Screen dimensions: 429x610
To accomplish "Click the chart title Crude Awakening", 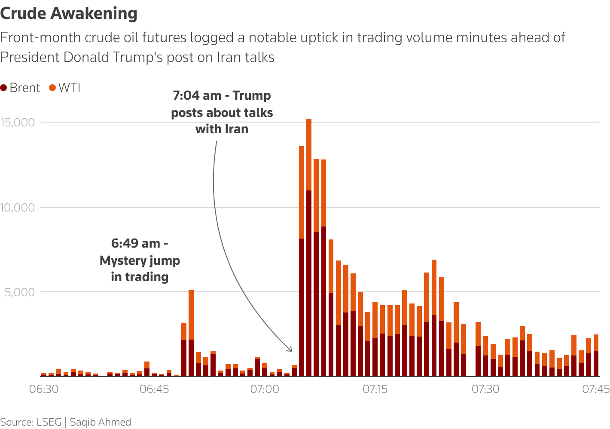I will point(69,14).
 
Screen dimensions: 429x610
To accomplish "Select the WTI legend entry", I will point(65,88).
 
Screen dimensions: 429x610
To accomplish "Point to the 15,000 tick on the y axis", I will point(18,123).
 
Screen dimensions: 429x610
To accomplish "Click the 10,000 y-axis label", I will point(18,208).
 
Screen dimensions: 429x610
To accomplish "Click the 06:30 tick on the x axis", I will point(44,389).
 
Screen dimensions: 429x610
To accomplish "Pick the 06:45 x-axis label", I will point(154,389).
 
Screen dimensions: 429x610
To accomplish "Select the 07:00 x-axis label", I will point(265,389).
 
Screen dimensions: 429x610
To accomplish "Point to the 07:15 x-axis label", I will point(375,389).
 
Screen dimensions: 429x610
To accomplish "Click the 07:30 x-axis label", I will point(485,389).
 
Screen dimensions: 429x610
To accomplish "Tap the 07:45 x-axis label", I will point(596,389).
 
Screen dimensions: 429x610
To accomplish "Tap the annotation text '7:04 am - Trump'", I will point(222,95).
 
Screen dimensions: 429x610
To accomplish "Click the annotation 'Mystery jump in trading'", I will point(140,260).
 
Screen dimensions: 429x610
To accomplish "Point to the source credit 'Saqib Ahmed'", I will point(101,422).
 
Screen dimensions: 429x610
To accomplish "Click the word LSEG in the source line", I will point(49,422).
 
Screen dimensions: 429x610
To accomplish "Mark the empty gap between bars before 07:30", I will point(471,365).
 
